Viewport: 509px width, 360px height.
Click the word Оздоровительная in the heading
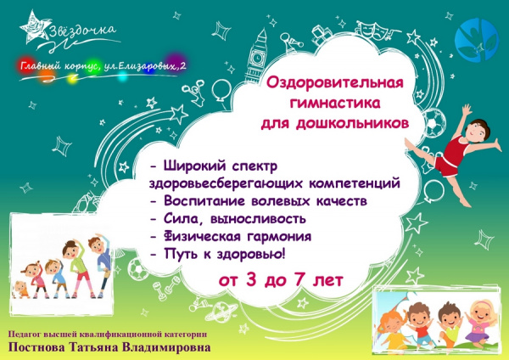tap(335, 83)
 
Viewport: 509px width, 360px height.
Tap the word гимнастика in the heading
tap(335, 104)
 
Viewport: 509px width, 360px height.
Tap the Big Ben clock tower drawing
tap(256, 56)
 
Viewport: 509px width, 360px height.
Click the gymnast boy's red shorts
tap(447, 166)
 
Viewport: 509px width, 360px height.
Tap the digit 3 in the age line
tap(251, 280)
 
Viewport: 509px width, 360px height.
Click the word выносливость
tap(258, 219)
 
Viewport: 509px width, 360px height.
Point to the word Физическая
tap(202, 236)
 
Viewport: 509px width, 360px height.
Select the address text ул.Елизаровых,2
tap(145, 66)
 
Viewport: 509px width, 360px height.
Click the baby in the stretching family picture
tap(21, 290)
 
